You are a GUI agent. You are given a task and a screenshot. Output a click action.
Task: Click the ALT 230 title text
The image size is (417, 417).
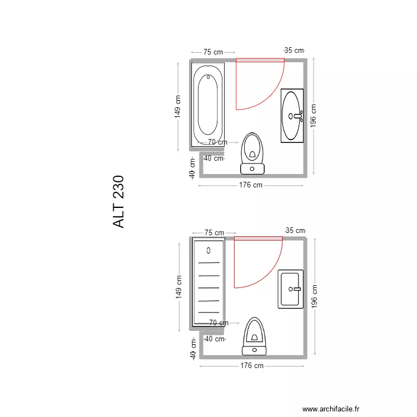(118, 202)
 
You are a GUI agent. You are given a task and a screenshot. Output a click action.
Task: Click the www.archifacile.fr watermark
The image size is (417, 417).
(331, 409)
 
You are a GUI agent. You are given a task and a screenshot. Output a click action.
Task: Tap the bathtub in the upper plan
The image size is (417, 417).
(208, 105)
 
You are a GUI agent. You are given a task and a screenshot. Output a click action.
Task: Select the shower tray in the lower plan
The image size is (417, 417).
(209, 282)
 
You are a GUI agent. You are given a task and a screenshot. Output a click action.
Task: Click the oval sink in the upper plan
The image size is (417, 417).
(292, 116)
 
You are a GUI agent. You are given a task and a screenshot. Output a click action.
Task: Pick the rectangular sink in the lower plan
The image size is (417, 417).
(291, 289)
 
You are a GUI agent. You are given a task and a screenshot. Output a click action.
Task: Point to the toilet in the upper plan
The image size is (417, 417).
(252, 153)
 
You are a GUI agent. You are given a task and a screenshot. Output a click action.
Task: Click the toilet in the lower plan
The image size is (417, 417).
(254, 336)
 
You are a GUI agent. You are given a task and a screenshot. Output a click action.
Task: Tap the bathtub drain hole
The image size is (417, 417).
(209, 77)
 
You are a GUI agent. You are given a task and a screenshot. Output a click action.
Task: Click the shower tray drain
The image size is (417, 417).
(209, 250)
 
